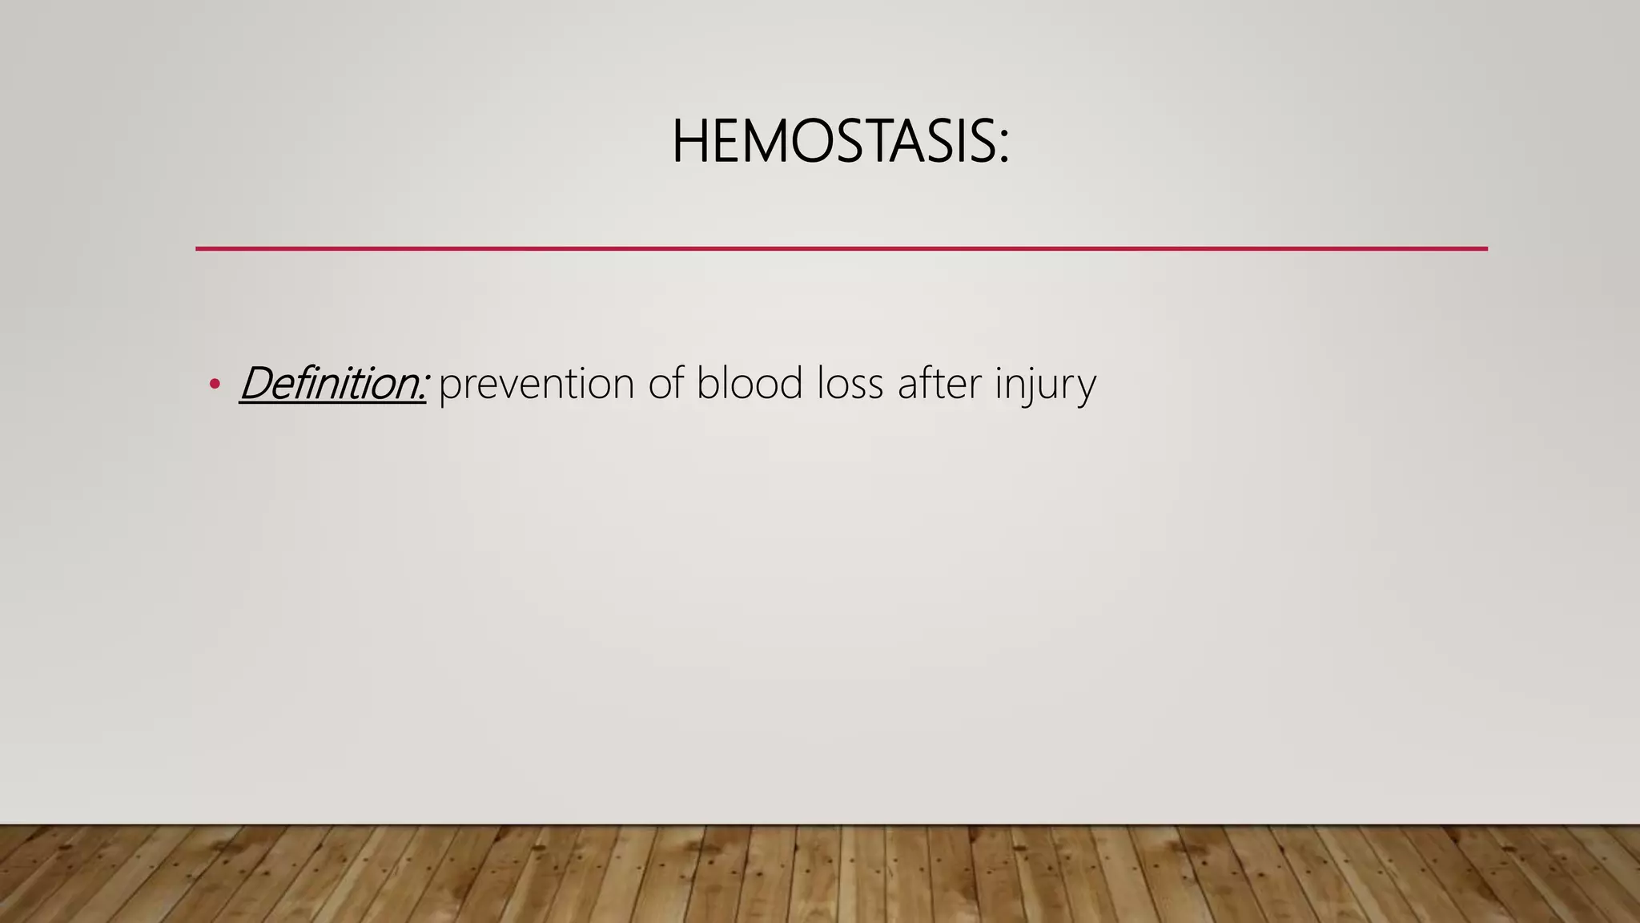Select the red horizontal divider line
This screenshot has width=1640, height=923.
tap(841, 248)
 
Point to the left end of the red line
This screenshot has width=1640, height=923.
tap(198, 248)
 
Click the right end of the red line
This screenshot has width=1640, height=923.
tap(1485, 248)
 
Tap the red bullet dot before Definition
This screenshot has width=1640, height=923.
tap(214, 385)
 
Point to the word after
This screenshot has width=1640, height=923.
tap(939, 383)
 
